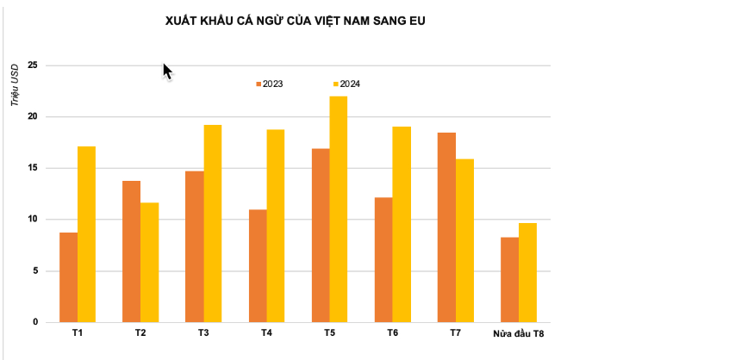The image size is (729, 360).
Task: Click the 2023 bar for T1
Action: click(68, 277)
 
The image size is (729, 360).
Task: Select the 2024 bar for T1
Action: click(86, 234)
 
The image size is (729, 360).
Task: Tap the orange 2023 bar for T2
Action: click(131, 251)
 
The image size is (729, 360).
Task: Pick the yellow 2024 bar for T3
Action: click(212, 224)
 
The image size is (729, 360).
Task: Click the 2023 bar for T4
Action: click(257, 266)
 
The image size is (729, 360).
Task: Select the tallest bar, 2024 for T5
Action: click(338, 209)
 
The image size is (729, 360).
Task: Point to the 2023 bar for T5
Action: click(320, 235)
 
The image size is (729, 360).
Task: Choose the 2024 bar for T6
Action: click(401, 225)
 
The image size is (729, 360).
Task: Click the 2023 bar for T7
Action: click(446, 227)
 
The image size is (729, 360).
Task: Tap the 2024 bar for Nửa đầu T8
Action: click(527, 273)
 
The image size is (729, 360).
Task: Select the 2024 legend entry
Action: click(346, 84)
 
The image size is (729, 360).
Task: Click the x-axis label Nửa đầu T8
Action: click(518, 333)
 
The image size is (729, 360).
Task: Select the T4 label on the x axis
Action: click(266, 332)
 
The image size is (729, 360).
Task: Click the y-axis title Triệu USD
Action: click(15, 87)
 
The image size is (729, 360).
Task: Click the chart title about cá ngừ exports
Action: click(296, 21)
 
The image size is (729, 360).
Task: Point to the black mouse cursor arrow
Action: click(167, 71)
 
